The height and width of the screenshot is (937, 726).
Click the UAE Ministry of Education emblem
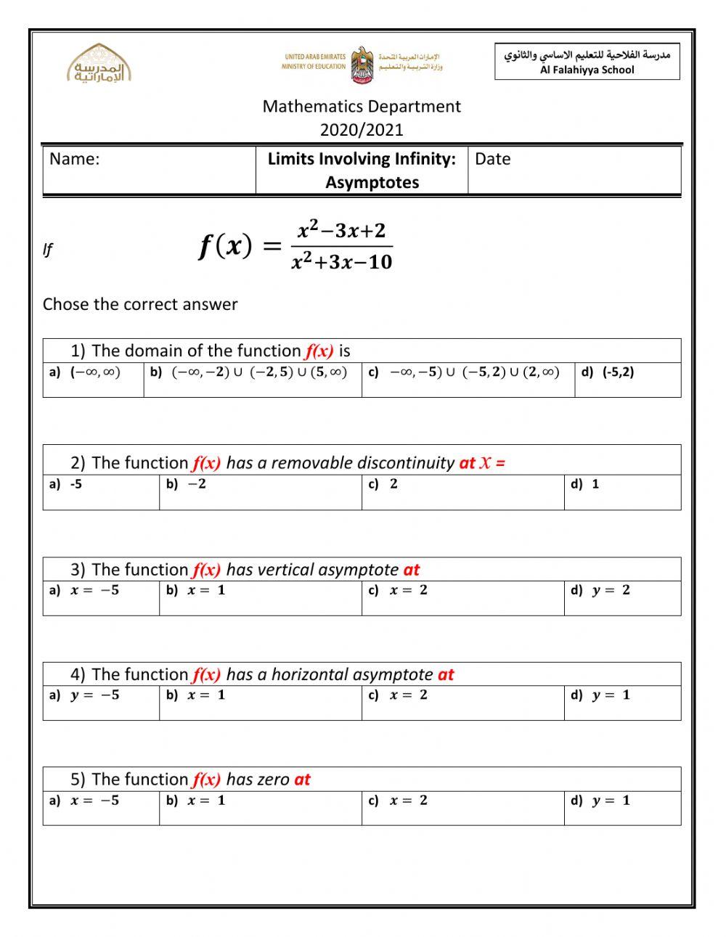(362, 65)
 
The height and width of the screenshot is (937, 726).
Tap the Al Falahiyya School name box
(587, 62)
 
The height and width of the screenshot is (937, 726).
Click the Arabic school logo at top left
(99, 65)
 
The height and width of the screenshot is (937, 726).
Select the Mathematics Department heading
(362, 107)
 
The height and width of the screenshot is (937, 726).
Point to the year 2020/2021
(362, 130)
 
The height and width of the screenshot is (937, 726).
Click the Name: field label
(75, 160)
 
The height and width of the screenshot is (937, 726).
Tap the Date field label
(492, 160)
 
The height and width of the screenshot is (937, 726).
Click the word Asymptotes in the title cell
(372, 182)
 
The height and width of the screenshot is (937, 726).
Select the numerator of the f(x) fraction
(341, 231)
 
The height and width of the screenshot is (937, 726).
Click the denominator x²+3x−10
(341, 262)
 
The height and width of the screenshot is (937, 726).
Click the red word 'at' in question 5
(302, 780)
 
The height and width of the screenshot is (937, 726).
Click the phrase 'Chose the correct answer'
(140, 305)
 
